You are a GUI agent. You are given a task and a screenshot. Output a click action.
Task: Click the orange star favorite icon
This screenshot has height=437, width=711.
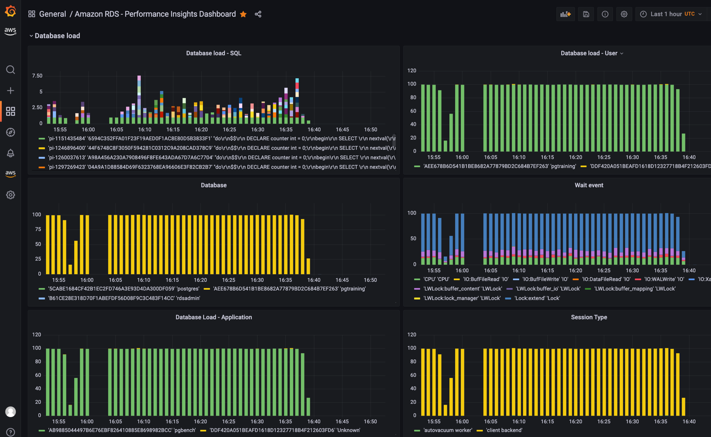pos(243,14)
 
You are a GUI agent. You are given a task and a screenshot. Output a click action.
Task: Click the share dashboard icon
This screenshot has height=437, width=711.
pos(258,14)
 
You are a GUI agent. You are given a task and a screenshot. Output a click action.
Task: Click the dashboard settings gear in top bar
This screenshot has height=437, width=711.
pos(624,14)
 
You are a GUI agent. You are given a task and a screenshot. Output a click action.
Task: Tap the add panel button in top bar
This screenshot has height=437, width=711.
pos(565,14)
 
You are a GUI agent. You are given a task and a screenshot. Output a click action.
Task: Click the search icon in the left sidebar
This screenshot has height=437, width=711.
pos(10,70)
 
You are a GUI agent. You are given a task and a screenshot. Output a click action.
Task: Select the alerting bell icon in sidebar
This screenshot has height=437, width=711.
pos(10,153)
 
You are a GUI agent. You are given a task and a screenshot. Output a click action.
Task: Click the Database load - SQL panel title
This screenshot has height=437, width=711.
pos(213,53)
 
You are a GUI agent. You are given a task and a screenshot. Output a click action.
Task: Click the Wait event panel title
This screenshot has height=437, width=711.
pos(589,185)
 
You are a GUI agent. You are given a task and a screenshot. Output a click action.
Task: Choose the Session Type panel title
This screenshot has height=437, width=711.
pos(589,317)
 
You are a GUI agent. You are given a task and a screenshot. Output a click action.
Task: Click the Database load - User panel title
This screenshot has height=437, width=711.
pos(589,53)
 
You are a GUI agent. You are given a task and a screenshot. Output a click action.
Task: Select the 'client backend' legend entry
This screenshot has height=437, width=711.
pos(504,431)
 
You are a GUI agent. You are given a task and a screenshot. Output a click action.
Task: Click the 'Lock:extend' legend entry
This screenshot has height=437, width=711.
pos(536,298)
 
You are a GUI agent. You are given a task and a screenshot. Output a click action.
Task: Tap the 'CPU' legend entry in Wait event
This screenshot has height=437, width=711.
pos(436,280)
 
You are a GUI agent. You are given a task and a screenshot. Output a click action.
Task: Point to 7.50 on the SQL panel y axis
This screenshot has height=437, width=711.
pos(37,76)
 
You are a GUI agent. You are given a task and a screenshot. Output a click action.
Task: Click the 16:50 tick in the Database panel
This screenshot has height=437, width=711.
pos(370,280)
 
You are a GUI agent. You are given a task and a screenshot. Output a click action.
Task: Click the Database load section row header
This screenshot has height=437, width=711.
pos(57,36)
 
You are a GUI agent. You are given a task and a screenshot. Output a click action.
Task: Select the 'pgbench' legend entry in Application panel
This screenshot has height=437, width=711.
pos(122,431)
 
